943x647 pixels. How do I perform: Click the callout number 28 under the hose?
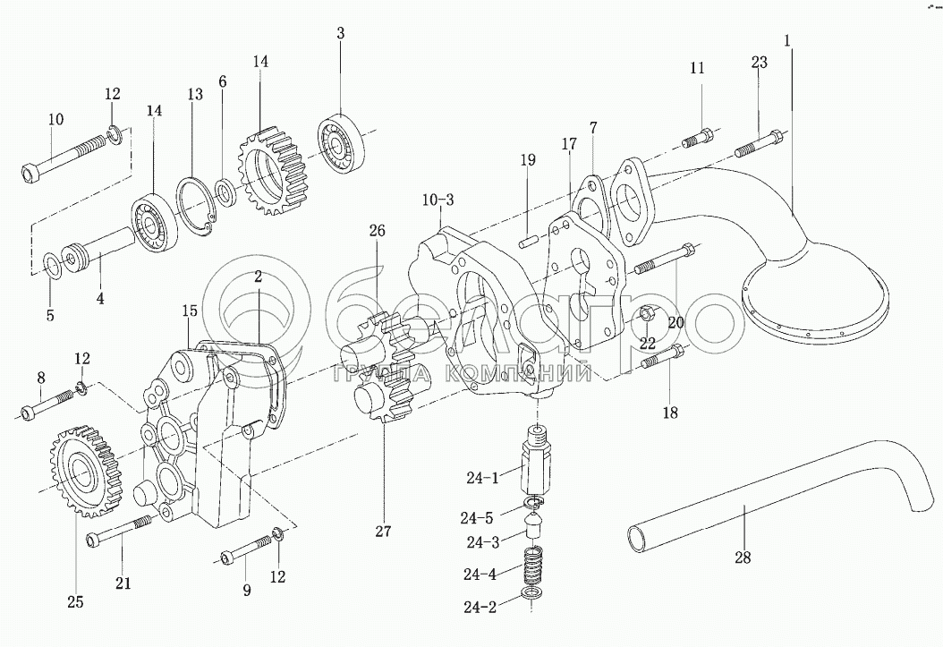click(x=743, y=558)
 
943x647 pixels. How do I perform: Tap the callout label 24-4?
click(x=480, y=575)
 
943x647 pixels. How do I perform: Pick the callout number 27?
click(x=383, y=532)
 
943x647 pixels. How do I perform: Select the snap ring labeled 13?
click(x=195, y=204)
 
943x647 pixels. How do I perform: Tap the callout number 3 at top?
click(x=340, y=33)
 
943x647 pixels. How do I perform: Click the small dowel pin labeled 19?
click(x=529, y=241)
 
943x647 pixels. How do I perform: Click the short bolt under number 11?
click(x=698, y=137)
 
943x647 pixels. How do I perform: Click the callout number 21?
click(x=123, y=583)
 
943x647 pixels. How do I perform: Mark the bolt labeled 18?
click(x=663, y=356)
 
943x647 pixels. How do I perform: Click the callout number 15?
click(x=190, y=311)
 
